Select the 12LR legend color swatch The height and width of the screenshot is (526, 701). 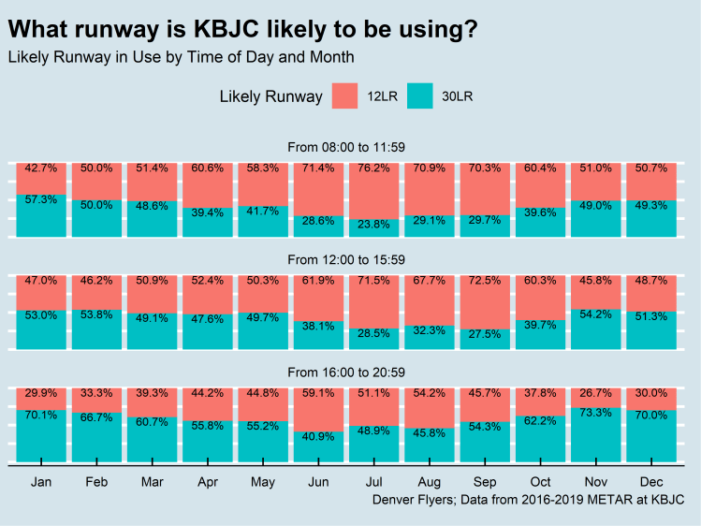point(345,96)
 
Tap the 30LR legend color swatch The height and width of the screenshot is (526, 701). point(420,96)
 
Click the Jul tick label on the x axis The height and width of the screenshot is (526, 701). point(373,482)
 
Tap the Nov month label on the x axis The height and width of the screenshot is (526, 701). point(595,482)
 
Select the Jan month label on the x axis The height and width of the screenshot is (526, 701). point(41,482)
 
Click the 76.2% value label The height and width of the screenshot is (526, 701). point(373,168)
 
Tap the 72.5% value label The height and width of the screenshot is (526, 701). point(485,281)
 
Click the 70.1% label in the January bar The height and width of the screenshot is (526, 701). point(41,415)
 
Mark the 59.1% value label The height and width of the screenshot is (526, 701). point(318,393)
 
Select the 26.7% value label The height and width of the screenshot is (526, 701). point(595,393)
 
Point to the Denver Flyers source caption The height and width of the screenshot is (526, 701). point(528,501)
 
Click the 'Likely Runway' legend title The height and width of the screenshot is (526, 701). point(270,96)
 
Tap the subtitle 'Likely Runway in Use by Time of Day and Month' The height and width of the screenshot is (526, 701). point(181,57)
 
